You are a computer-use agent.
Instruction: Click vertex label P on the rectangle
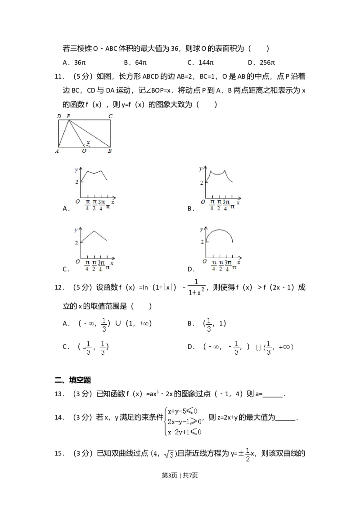pos(68,116)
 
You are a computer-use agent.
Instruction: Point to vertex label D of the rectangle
pos(59,116)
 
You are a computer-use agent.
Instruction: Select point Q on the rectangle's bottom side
pos(84,152)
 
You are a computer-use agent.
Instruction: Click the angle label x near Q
pos(88,143)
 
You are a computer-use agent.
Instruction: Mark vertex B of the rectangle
pos(110,152)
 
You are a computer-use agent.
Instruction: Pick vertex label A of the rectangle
pos(58,152)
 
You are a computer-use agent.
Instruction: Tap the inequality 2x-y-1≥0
pos(184,422)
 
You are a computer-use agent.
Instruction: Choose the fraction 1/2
pos(247,454)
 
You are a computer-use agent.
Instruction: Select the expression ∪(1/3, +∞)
pos(273,347)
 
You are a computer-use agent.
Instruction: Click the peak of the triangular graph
pos(94,231)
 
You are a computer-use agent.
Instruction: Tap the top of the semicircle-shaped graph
pos(220,229)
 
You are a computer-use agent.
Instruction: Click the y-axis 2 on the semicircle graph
pos(202,241)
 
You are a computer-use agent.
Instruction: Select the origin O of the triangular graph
pos(77,261)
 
